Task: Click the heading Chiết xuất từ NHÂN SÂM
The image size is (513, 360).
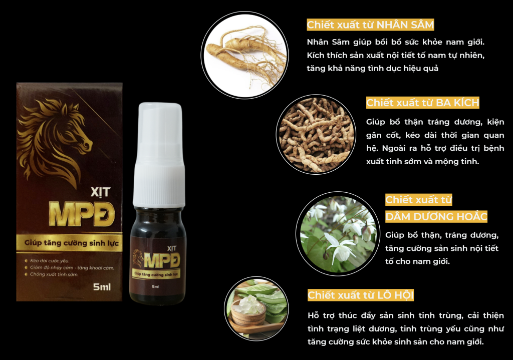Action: [370, 25]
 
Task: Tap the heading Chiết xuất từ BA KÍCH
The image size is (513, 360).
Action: [422, 103]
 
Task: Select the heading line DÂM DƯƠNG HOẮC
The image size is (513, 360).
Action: [436, 216]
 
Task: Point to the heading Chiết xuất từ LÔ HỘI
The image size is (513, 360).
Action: [361, 295]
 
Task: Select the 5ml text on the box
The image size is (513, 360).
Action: [102, 287]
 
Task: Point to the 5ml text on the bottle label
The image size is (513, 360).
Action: [155, 287]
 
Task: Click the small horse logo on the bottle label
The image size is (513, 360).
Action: [138, 257]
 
